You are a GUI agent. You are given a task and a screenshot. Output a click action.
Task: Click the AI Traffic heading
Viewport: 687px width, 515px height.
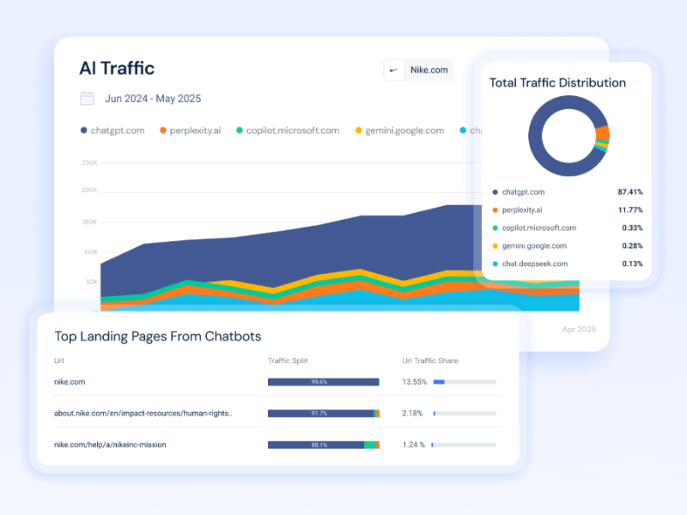[117, 69]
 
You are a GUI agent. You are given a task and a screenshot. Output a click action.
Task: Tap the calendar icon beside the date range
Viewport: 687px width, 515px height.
[87, 99]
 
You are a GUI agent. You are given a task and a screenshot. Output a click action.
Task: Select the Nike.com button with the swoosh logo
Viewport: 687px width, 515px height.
[418, 70]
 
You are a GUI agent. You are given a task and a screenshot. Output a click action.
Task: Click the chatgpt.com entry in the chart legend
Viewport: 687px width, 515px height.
[112, 130]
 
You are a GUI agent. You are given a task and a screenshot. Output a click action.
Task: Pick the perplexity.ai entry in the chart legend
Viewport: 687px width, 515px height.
[190, 130]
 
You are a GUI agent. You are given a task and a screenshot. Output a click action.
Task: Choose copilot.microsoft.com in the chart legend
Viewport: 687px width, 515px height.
[287, 130]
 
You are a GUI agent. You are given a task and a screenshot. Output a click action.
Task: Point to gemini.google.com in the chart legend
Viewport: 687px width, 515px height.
[399, 130]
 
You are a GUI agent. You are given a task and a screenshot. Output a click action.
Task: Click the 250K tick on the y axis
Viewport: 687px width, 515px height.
[89, 162]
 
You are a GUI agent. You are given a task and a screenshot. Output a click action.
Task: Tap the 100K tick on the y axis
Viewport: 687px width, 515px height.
[89, 252]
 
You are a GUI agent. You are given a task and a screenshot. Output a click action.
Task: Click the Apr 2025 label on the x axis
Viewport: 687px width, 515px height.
[579, 329]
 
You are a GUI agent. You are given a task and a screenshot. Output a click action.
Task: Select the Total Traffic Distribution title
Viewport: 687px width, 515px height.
[557, 83]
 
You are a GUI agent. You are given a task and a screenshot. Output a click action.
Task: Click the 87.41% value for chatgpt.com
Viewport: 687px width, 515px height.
[629, 192]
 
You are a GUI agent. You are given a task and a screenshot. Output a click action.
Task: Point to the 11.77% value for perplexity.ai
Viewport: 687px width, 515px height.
[629, 209]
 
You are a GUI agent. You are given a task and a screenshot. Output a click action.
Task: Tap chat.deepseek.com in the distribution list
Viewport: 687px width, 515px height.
[534, 264]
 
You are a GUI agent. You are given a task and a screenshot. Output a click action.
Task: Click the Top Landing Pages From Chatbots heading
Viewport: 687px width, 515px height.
[158, 336]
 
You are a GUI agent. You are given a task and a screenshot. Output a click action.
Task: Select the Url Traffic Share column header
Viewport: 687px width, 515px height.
[429, 360]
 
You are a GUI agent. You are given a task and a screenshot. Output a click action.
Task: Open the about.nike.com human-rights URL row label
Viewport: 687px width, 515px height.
[143, 413]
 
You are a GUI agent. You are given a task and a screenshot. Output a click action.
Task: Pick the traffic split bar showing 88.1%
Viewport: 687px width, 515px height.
[324, 445]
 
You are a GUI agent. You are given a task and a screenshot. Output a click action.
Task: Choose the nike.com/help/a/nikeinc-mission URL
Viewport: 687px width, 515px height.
[110, 445]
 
